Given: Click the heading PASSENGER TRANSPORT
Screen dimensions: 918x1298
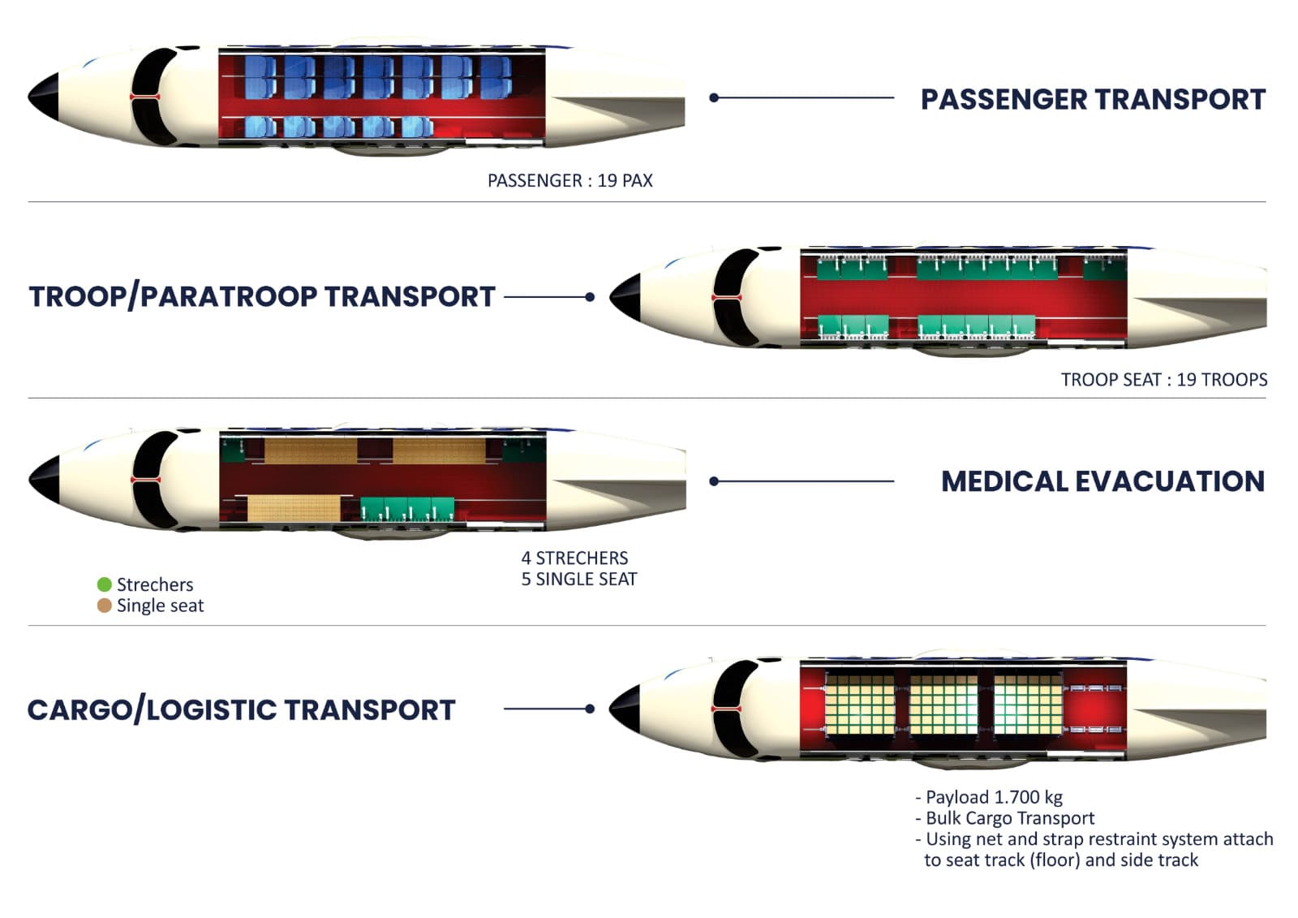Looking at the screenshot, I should point(1092,99).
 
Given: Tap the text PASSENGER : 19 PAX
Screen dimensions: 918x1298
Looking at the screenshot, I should point(569,180).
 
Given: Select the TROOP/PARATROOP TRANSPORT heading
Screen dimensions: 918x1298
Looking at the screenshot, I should point(262,297).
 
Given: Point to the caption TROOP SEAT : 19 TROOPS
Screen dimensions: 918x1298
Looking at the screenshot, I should point(1163,379).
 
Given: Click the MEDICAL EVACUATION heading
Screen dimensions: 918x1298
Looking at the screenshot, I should point(1102,481).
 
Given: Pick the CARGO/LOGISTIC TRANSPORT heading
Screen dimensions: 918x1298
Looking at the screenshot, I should point(241,709).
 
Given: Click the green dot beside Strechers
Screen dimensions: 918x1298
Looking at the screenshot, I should point(104,584).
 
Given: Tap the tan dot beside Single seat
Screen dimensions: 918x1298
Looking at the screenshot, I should point(104,606).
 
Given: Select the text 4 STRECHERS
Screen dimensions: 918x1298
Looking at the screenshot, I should point(574,558).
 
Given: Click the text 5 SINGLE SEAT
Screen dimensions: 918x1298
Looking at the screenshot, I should point(578,580).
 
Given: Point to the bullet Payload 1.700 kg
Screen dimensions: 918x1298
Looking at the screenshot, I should point(989,797).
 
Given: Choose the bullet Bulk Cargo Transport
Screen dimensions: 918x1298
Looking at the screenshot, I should point(1005,818).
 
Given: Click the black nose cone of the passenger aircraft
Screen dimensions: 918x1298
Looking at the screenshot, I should point(45,97).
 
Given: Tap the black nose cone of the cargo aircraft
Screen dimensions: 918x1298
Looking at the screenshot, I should point(625,708).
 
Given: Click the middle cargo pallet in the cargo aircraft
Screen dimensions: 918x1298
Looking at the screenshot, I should point(943,705).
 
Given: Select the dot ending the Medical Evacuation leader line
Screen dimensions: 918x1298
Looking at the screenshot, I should point(714,481).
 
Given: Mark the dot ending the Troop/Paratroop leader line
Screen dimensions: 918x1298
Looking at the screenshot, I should point(590,297).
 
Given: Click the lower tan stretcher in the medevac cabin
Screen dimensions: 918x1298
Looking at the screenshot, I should point(294,508).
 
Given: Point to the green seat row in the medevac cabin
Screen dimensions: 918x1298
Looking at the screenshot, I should point(407,508).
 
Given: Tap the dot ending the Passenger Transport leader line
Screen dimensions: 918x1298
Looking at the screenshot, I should point(714,97).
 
